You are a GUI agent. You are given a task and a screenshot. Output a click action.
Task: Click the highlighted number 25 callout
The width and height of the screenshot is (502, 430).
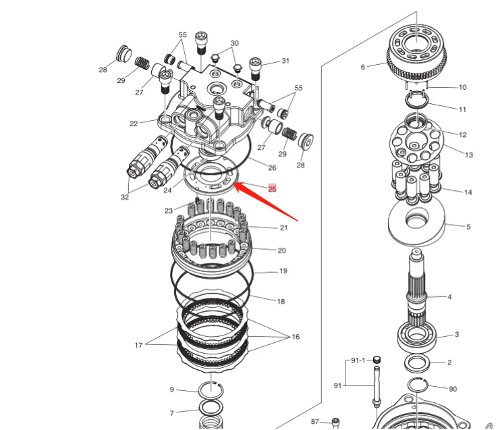pos(272,189)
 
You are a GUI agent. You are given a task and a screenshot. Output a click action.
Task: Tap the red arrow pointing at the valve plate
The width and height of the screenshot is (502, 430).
pos(266,201)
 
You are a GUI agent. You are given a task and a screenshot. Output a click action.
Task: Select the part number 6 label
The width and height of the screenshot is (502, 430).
pos(363,67)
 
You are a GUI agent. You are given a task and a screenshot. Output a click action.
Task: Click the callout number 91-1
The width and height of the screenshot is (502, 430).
pos(358,360)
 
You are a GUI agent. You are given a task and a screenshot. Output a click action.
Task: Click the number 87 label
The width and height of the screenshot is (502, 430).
pos(315,422)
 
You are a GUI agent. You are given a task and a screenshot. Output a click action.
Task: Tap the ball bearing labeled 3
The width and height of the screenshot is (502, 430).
pos(416,338)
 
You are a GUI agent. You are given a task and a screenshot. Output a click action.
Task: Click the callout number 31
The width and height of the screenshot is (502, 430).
pos(285,61)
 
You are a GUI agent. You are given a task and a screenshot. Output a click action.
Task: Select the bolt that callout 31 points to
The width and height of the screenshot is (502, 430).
pos(255,69)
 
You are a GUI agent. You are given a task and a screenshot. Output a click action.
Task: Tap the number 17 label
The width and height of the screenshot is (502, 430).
pos(138,346)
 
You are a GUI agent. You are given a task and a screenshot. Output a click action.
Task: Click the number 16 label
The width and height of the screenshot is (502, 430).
pos(296,337)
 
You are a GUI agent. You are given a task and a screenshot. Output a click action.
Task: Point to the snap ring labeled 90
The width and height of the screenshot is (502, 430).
pos(418,385)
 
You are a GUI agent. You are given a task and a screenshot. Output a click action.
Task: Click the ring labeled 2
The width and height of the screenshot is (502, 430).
pos(418,363)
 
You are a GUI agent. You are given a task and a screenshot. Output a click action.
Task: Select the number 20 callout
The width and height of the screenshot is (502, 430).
pos(282,250)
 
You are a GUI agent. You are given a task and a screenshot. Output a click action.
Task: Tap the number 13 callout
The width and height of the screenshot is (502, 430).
pos(469,155)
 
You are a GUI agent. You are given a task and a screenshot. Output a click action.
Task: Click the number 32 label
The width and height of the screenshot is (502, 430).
pos(125,197)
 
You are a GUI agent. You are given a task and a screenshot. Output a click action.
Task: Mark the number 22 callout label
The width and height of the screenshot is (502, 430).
pos(134,124)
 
